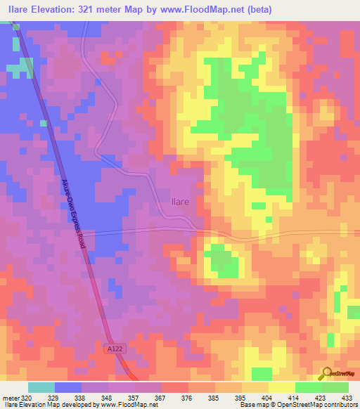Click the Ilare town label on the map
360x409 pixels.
[180, 202]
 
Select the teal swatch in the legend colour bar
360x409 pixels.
[41, 387]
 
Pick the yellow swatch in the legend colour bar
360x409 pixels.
[282, 387]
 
